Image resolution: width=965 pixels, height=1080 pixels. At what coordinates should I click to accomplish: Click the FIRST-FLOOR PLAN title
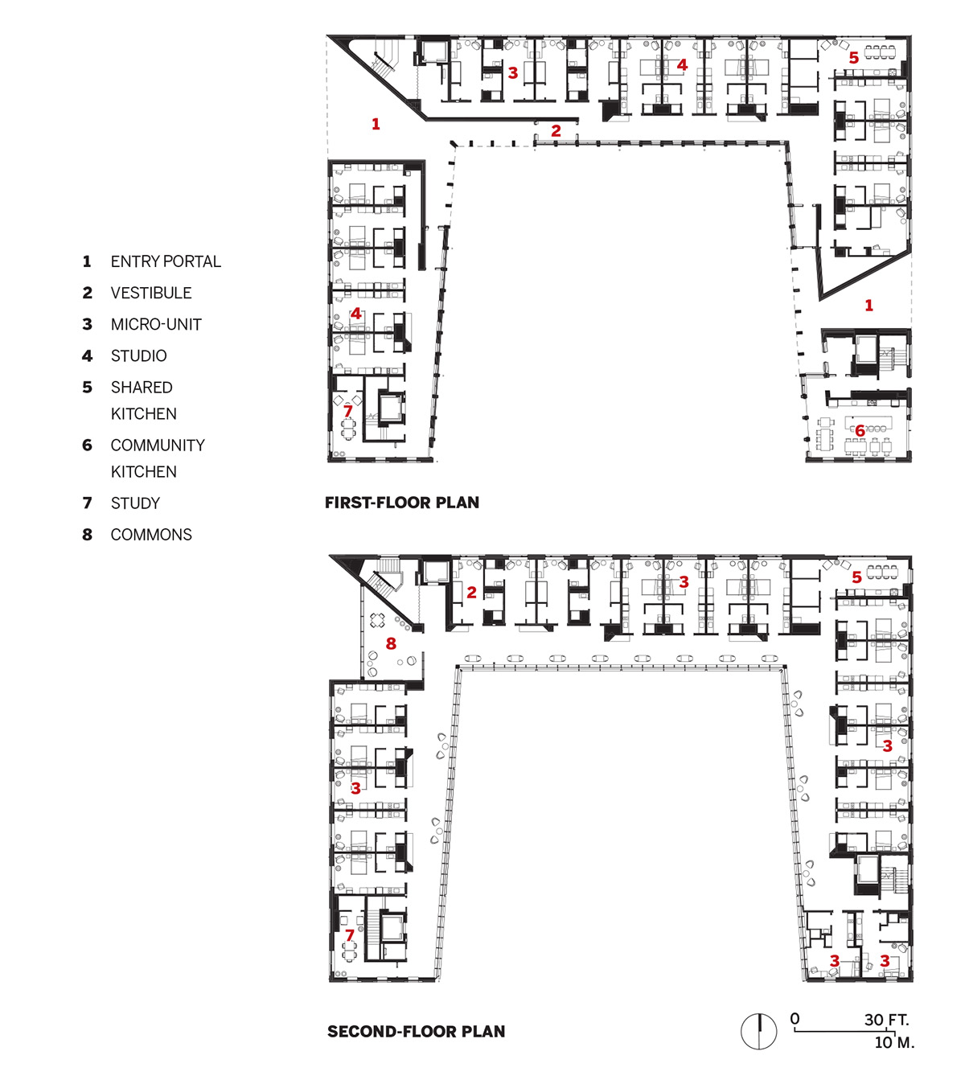pyautogui.click(x=402, y=502)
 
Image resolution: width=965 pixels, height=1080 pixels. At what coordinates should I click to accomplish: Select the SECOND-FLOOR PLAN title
pyautogui.click(x=416, y=1032)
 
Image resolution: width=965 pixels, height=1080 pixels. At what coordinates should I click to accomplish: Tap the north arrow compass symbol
pyautogui.click(x=758, y=1032)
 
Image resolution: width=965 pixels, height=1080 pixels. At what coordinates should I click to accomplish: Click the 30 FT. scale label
pyautogui.click(x=887, y=1020)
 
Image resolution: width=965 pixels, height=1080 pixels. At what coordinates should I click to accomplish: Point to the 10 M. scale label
pyautogui.click(x=894, y=1042)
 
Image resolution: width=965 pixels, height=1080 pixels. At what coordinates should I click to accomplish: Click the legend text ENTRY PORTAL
pyautogui.click(x=166, y=261)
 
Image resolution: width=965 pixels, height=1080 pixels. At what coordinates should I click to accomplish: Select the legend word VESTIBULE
pyautogui.click(x=151, y=293)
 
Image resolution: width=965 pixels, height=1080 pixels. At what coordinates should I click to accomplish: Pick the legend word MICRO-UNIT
pyautogui.click(x=156, y=324)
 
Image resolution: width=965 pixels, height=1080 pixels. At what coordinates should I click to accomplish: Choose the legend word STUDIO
pyautogui.click(x=138, y=355)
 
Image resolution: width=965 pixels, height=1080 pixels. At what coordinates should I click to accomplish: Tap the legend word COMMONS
pyautogui.click(x=151, y=534)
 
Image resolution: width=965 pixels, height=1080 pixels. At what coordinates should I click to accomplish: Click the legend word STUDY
pyautogui.click(x=135, y=503)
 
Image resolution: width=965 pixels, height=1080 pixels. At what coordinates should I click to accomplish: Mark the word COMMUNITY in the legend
pyautogui.click(x=158, y=446)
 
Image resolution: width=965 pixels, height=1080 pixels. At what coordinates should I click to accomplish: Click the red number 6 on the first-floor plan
pyautogui.click(x=860, y=430)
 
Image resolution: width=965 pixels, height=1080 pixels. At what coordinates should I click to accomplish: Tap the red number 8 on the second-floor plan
pyautogui.click(x=392, y=643)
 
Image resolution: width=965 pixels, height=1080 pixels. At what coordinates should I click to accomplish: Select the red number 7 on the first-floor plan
pyautogui.click(x=348, y=411)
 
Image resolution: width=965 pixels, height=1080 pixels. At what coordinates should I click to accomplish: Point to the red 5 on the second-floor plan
pyautogui.click(x=856, y=577)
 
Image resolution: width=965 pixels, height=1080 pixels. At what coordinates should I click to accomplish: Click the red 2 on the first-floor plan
pyautogui.click(x=556, y=130)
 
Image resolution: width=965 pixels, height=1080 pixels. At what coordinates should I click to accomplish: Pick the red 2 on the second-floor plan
pyautogui.click(x=471, y=592)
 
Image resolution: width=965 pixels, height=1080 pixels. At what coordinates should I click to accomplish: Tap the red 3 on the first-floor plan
pyautogui.click(x=513, y=72)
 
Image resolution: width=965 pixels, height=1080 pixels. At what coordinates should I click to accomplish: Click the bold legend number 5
pyautogui.click(x=88, y=387)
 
